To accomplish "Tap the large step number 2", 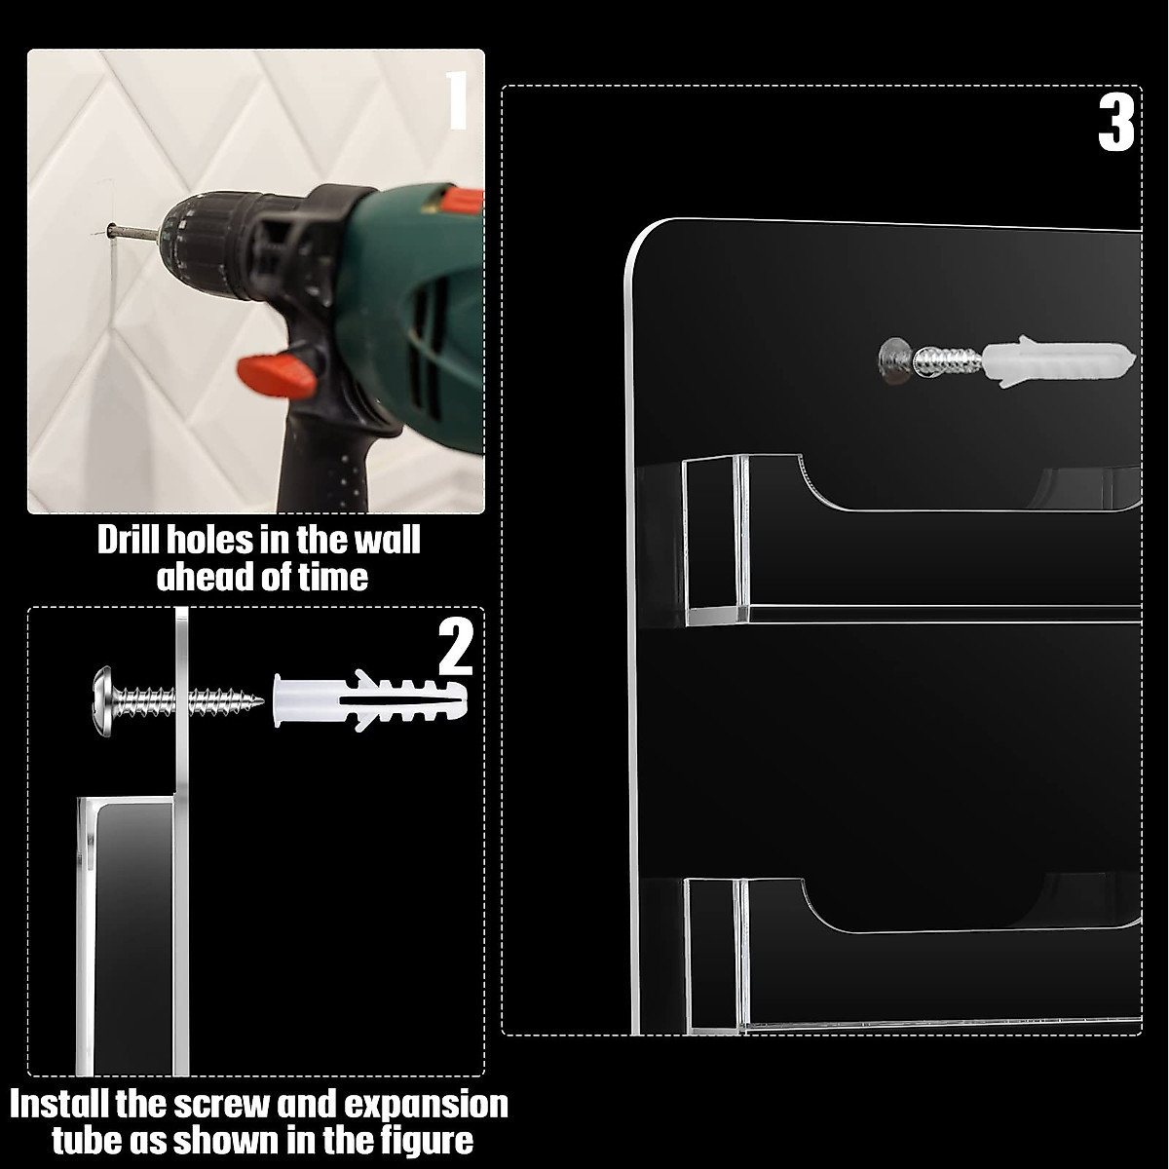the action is pyautogui.click(x=456, y=646).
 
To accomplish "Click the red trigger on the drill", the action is pyautogui.click(x=277, y=374).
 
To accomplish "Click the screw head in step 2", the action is pyautogui.click(x=104, y=701).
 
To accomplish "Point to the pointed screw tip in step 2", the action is pyautogui.click(x=260, y=701).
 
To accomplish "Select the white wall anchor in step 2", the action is pyautogui.click(x=370, y=701).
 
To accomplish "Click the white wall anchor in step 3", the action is pyautogui.click(x=1058, y=361).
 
